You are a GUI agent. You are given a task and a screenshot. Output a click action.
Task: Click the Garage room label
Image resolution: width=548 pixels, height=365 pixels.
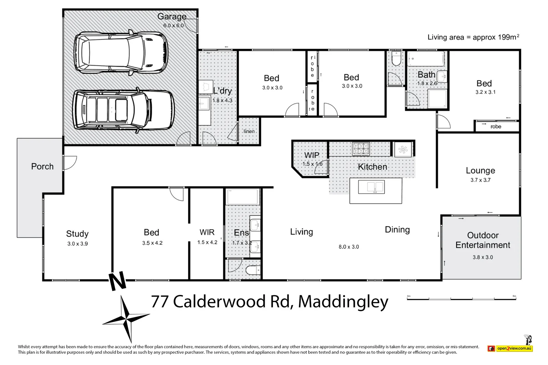pos(172,16)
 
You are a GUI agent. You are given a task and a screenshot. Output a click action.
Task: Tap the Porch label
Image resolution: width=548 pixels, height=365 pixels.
pos(42,167)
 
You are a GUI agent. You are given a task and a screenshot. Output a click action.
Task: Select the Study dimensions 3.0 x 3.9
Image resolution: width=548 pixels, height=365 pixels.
pos(77,244)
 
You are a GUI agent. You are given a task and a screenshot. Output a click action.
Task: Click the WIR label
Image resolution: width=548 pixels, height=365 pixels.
pos(207,233)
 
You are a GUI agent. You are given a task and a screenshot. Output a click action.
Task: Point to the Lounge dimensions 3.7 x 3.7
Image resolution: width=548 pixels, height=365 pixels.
pos(480,180)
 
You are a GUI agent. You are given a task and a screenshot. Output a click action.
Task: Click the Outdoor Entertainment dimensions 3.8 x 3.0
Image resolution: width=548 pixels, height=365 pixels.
pos(483,257)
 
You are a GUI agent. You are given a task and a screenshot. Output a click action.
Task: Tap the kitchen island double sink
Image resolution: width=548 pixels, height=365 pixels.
pos(371,187)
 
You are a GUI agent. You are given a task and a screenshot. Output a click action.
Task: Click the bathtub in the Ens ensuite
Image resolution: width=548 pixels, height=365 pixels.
pos(242,197)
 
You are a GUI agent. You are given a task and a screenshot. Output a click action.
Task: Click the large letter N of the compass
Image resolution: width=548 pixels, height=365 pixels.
pos(117,282)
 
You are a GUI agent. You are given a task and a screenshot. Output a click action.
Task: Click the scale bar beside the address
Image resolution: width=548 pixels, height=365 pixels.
pos(461,299)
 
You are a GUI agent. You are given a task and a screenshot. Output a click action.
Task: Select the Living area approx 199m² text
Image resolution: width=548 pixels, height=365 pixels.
pos(473,37)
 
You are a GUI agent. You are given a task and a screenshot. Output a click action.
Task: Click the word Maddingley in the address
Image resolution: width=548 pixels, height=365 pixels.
pos(343,302)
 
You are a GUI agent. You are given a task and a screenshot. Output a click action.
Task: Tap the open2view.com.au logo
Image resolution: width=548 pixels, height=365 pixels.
pos(510,348)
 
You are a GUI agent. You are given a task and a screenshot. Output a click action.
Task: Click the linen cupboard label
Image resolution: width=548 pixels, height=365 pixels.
pos(249,131)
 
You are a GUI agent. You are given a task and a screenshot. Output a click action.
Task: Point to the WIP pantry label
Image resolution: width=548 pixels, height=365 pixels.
pos(311,155)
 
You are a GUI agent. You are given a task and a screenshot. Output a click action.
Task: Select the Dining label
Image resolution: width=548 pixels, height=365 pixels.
pos(397,230)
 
